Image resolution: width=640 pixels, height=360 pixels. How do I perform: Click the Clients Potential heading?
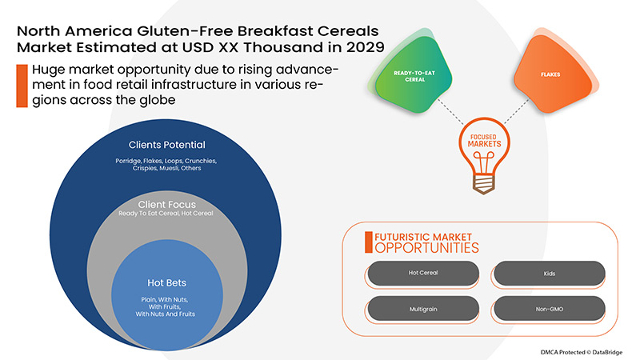tap(166, 146)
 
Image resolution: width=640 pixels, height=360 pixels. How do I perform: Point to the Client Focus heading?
tap(166, 204)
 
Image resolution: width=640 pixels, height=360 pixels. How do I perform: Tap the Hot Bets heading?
tap(166, 282)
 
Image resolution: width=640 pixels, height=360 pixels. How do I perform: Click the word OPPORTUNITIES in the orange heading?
tap(421, 249)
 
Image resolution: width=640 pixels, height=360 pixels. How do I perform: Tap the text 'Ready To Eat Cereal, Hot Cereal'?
tap(166, 214)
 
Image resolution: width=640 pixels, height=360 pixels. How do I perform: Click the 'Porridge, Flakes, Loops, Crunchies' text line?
tap(166, 162)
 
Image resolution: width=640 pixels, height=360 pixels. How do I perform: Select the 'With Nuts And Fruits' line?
tap(166, 314)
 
